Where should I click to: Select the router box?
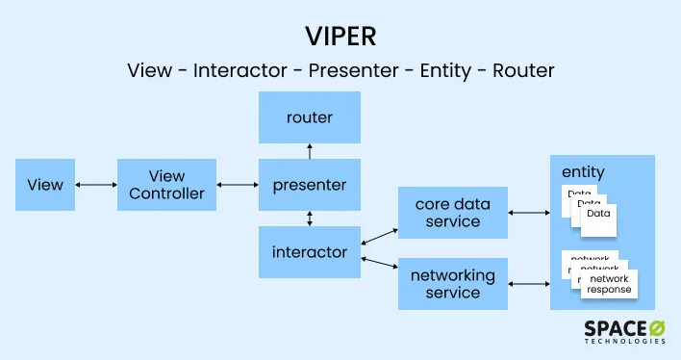(309, 117)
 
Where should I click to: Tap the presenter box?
(309, 184)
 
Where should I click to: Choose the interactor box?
(309, 252)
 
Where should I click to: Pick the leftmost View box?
(45, 185)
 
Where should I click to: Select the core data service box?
(453, 214)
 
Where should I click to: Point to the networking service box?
(453, 283)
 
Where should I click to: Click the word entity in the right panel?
(583, 172)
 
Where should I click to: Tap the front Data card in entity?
(599, 219)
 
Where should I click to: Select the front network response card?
(610, 284)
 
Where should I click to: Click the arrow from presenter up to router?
(309, 150)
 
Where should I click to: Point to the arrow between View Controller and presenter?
(238, 185)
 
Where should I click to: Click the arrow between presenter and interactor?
(309, 219)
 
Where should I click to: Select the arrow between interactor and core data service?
(379, 237)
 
